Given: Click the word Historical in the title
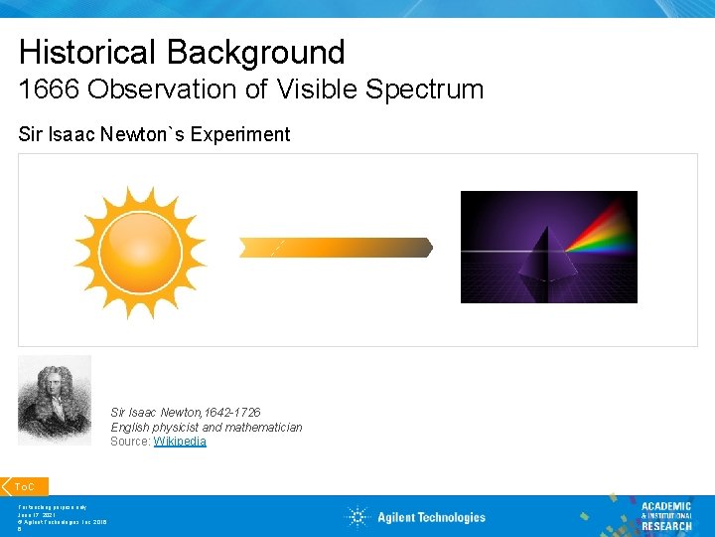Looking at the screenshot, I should (x=88, y=52).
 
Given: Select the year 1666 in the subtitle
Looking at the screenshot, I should (x=49, y=89).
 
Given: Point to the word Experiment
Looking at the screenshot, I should (x=243, y=134).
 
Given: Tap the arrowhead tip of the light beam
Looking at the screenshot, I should (x=429, y=247).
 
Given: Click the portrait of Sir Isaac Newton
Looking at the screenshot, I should (x=55, y=400).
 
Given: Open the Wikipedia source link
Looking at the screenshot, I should (x=180, y=442).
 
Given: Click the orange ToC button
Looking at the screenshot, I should (x=25, y=486).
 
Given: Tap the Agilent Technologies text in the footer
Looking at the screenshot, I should (x=431, y=517).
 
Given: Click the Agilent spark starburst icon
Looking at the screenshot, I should (x=357, y=516).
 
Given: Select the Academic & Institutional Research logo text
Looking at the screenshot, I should (x=665, y=515).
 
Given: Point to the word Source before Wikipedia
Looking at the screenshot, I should (x=129, y=442).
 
